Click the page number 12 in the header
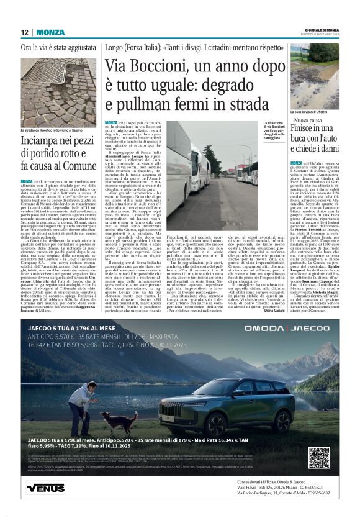tap(25, 32)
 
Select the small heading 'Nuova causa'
tap(308, 121)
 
